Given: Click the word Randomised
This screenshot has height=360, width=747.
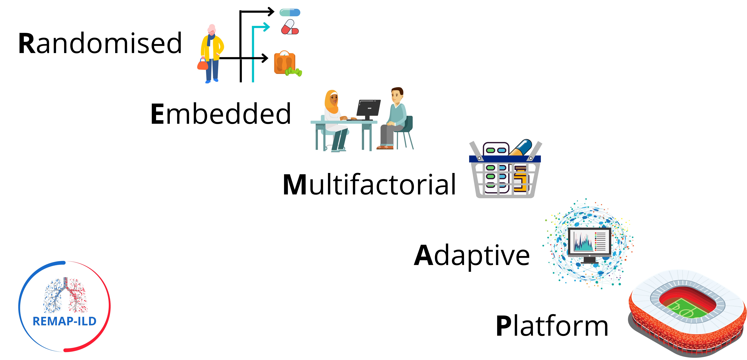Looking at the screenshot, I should tap(100, 44).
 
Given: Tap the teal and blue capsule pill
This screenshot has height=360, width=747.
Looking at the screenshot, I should tap(290, 12).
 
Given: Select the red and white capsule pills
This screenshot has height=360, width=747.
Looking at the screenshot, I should tap(290, 28).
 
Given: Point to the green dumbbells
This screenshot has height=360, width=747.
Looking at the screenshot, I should tap(294, 72).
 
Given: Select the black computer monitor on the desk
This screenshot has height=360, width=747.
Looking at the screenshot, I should tap(368, 108).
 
